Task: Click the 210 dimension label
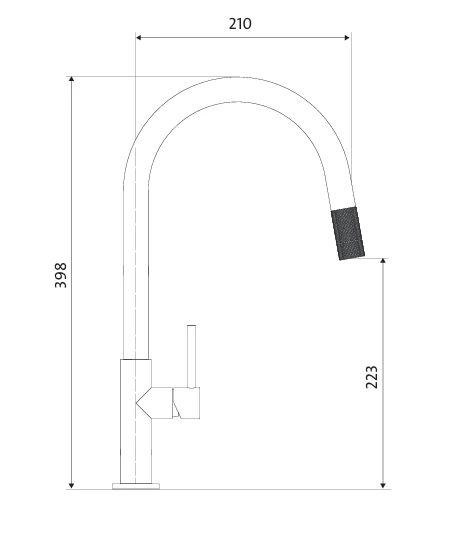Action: pos(240,24)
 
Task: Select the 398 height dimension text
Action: pos(61,275)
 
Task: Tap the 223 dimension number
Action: pos(372,377)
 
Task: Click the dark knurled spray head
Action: pos(348,233)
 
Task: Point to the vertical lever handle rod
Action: pos(191,356)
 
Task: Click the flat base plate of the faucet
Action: pos(136,486)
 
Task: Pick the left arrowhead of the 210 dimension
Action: pos(139,37)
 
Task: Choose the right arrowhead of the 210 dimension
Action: pos(347,37)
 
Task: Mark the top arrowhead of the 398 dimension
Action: pos(71,79)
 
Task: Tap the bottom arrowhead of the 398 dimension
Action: pos(71,486)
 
